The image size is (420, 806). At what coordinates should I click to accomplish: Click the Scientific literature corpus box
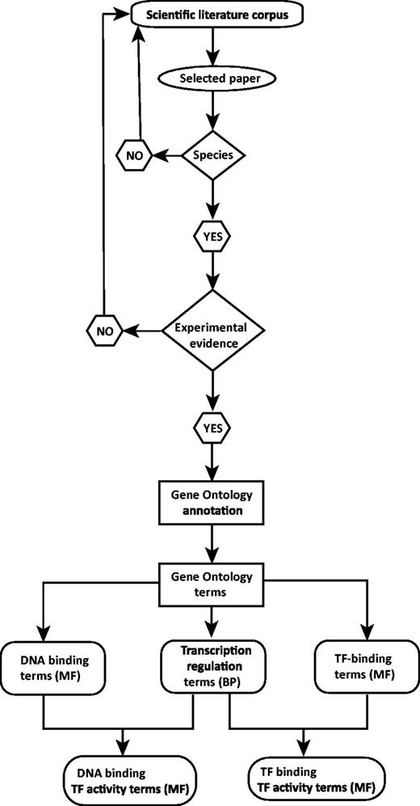(212, 15)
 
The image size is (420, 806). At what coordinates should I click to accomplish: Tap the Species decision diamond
(212, 152)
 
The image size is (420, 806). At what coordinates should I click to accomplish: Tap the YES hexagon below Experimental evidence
(212, 426)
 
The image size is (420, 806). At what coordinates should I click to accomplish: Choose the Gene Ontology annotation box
(212, 503)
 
